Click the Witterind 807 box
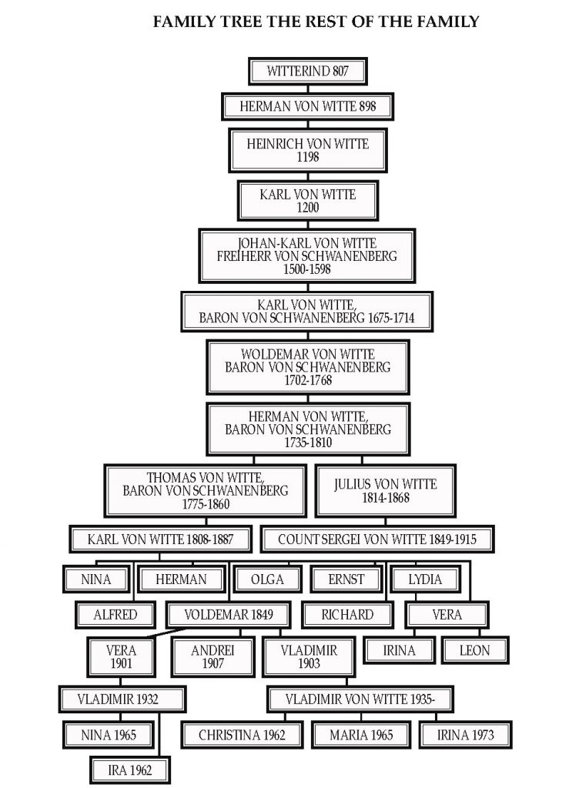click(x=308, y=71)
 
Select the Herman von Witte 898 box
click(x=308, y=106)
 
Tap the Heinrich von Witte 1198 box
click(x=308, y=150)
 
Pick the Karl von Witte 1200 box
click(x=308, y=201)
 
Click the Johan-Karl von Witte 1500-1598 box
click(x=307, y=255)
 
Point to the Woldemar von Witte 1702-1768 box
click(x=308, y=367)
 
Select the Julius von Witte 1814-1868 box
click(x=386, y=491)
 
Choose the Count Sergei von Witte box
click(x=377, y=539)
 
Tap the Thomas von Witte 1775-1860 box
click(x=206, y=490)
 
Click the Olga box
click(x=267, y=579)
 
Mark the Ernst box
click(x=346, y=579)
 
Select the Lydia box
click(x=425, y=579)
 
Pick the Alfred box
click(x=115, y=615)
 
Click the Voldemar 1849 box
click(x=229, y=615)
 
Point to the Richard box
click(x=347, y=615)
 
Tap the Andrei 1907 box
click(x=213, y=657)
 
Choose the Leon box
click(x=474, y=650)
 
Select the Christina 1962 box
click(x=242, y=735)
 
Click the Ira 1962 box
click(x=129, y=770)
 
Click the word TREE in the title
click(x=234, y=22)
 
